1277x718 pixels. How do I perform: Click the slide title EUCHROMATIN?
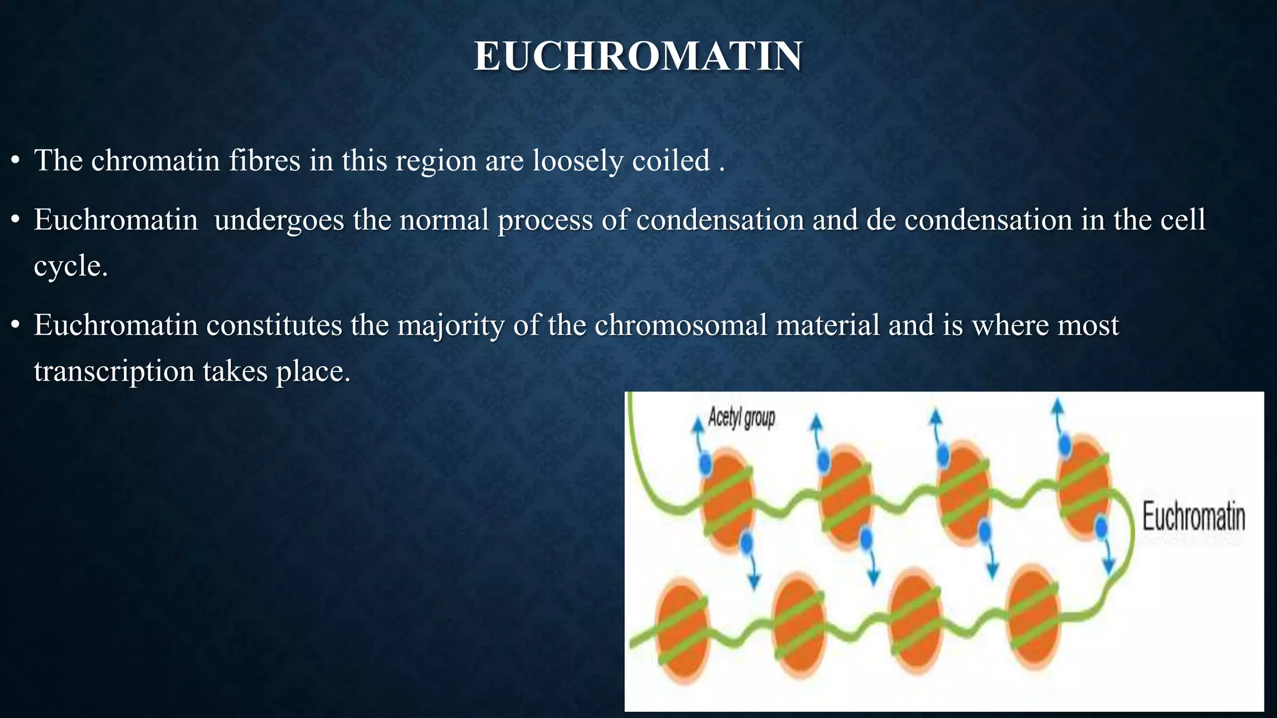point(638,56)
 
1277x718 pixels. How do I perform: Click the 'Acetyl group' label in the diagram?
point(741,418)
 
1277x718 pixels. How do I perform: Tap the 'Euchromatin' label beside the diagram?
point(1193,517)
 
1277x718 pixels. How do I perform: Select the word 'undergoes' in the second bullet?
point(279,220)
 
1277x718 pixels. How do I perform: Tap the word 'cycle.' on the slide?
point(70,266)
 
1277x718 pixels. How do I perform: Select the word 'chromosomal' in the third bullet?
point(680,325)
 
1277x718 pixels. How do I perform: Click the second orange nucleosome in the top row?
point(845,497)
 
